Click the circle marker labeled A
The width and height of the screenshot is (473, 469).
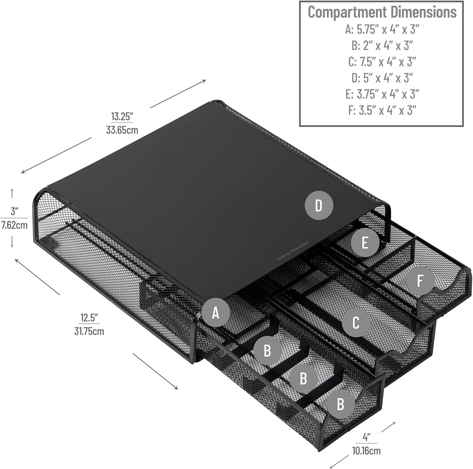click(215, 313)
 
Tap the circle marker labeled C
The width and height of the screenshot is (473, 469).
click(356, 322)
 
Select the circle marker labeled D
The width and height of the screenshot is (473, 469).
click(319, 206)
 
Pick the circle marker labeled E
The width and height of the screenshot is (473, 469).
click(365, 243)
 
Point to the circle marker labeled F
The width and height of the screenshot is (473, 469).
click(420, 281)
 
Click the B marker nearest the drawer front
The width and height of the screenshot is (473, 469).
click(340, 404)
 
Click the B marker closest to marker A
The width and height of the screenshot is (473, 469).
click(267, 350)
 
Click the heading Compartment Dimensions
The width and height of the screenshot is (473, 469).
click(382, 12)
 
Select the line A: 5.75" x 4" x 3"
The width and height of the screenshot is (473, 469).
click(382, 29)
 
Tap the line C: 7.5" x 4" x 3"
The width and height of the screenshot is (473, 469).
click(382, 62)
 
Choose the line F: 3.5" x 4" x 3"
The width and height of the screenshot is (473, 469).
click(382, 110)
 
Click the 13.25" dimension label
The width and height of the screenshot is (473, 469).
click(122, 116)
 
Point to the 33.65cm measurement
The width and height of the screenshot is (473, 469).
click(122, 130)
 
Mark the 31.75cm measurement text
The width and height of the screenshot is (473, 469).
click(89, 331)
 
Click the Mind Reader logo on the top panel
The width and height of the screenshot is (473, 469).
click(294, 250)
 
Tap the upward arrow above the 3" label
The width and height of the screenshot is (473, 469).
click(12, 193)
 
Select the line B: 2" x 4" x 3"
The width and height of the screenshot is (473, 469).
click(382, 46)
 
